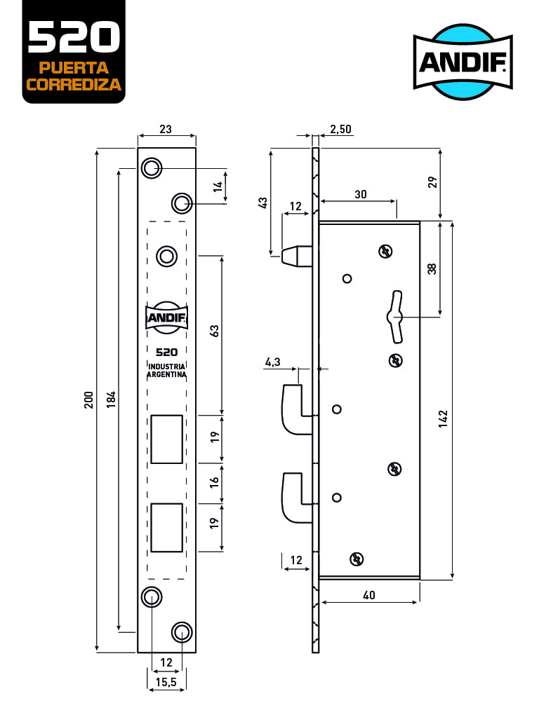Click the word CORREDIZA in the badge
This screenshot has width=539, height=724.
pos(74,85)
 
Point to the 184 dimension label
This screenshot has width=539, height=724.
pos(111,400)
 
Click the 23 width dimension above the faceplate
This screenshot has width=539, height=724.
pos(166,129)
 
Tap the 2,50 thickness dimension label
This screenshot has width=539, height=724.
pos(340,129)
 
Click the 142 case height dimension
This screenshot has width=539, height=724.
pos(443,418)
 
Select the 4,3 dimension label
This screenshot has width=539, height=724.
pos(273,362)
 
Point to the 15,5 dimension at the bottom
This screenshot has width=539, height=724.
pos(166,681)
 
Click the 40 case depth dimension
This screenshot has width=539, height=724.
pos(369,595)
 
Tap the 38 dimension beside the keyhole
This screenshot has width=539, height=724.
pos(432,268)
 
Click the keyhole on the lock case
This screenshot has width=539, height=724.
pos(395,317)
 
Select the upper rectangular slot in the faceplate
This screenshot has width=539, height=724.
pos(167,439)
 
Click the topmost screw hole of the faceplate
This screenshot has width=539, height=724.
pos(151,168)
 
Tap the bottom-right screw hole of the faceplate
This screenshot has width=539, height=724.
pos(182,633)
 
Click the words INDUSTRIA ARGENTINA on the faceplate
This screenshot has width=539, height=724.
pos(166,371)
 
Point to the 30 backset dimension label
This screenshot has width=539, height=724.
pos(361,194)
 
